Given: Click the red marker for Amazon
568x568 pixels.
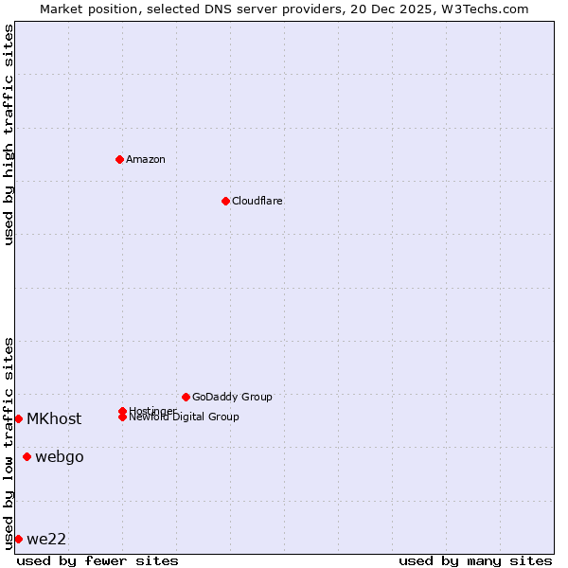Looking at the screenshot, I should [x=119, y=159].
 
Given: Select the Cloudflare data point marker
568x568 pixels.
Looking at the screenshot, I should [x=225, y=201].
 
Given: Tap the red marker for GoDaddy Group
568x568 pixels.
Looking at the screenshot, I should [x=186, y=397].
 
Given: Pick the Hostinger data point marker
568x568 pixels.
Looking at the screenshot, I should [x=122, y=411].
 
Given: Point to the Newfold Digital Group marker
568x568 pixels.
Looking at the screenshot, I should [x=122, y=417].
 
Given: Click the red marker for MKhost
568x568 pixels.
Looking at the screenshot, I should [x=18, y=418].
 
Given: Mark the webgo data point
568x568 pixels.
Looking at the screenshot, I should [x=27, y=457].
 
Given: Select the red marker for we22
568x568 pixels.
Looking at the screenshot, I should [x=18, y=539].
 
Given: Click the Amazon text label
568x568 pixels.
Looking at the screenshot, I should [x=146, y=159].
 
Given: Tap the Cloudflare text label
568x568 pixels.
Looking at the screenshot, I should [x=257, y=201].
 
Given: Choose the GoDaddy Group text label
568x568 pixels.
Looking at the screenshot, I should [x=232, y=397].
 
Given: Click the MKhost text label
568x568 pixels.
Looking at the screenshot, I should [x=54, y=418].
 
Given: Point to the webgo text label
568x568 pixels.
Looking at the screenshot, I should [x=60, y=457].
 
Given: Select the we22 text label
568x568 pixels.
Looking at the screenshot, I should [x=46, y=539].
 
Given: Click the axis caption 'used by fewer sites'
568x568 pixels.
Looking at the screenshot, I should [x=98, y=560].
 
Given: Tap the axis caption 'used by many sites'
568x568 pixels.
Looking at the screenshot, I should [x=475, y=560].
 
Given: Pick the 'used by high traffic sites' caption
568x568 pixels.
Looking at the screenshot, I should [x=9, y=133].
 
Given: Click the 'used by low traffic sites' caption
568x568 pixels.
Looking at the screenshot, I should [x=9, y=442].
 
